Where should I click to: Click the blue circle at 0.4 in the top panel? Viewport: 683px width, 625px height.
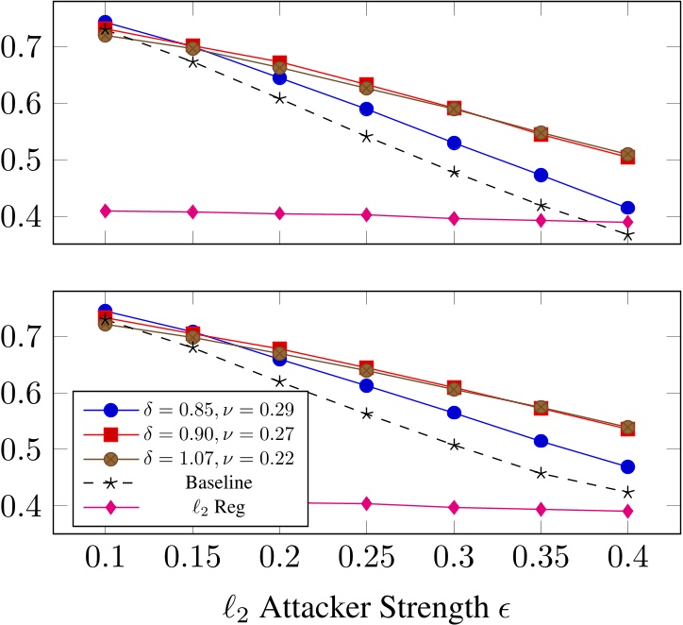pos(627,208)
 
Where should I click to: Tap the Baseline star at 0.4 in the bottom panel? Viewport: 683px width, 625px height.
pos(627,492)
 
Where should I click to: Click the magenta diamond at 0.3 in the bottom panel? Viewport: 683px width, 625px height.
pos(454,507)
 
